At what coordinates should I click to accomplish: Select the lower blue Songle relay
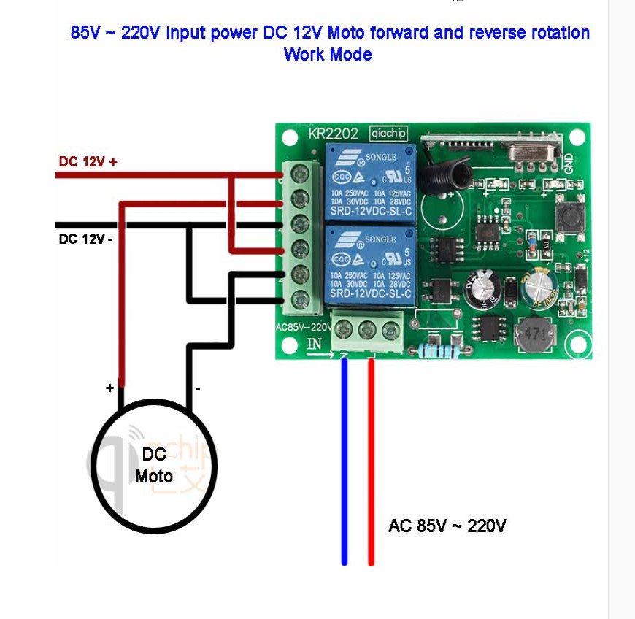click(x=370, y=265)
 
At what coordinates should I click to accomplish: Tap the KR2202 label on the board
click(x=333, y=134)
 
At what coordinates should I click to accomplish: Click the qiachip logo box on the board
click(x=388, y=133)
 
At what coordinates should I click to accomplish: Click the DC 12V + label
click(x=88, y=161)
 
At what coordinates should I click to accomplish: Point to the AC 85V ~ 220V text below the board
click(x=447, y=526)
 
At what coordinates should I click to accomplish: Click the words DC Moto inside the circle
click(x=154, y=466)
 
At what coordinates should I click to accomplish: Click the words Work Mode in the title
click(x=328, y=55)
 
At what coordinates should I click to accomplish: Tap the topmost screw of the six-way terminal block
click(x=299, y=174)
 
